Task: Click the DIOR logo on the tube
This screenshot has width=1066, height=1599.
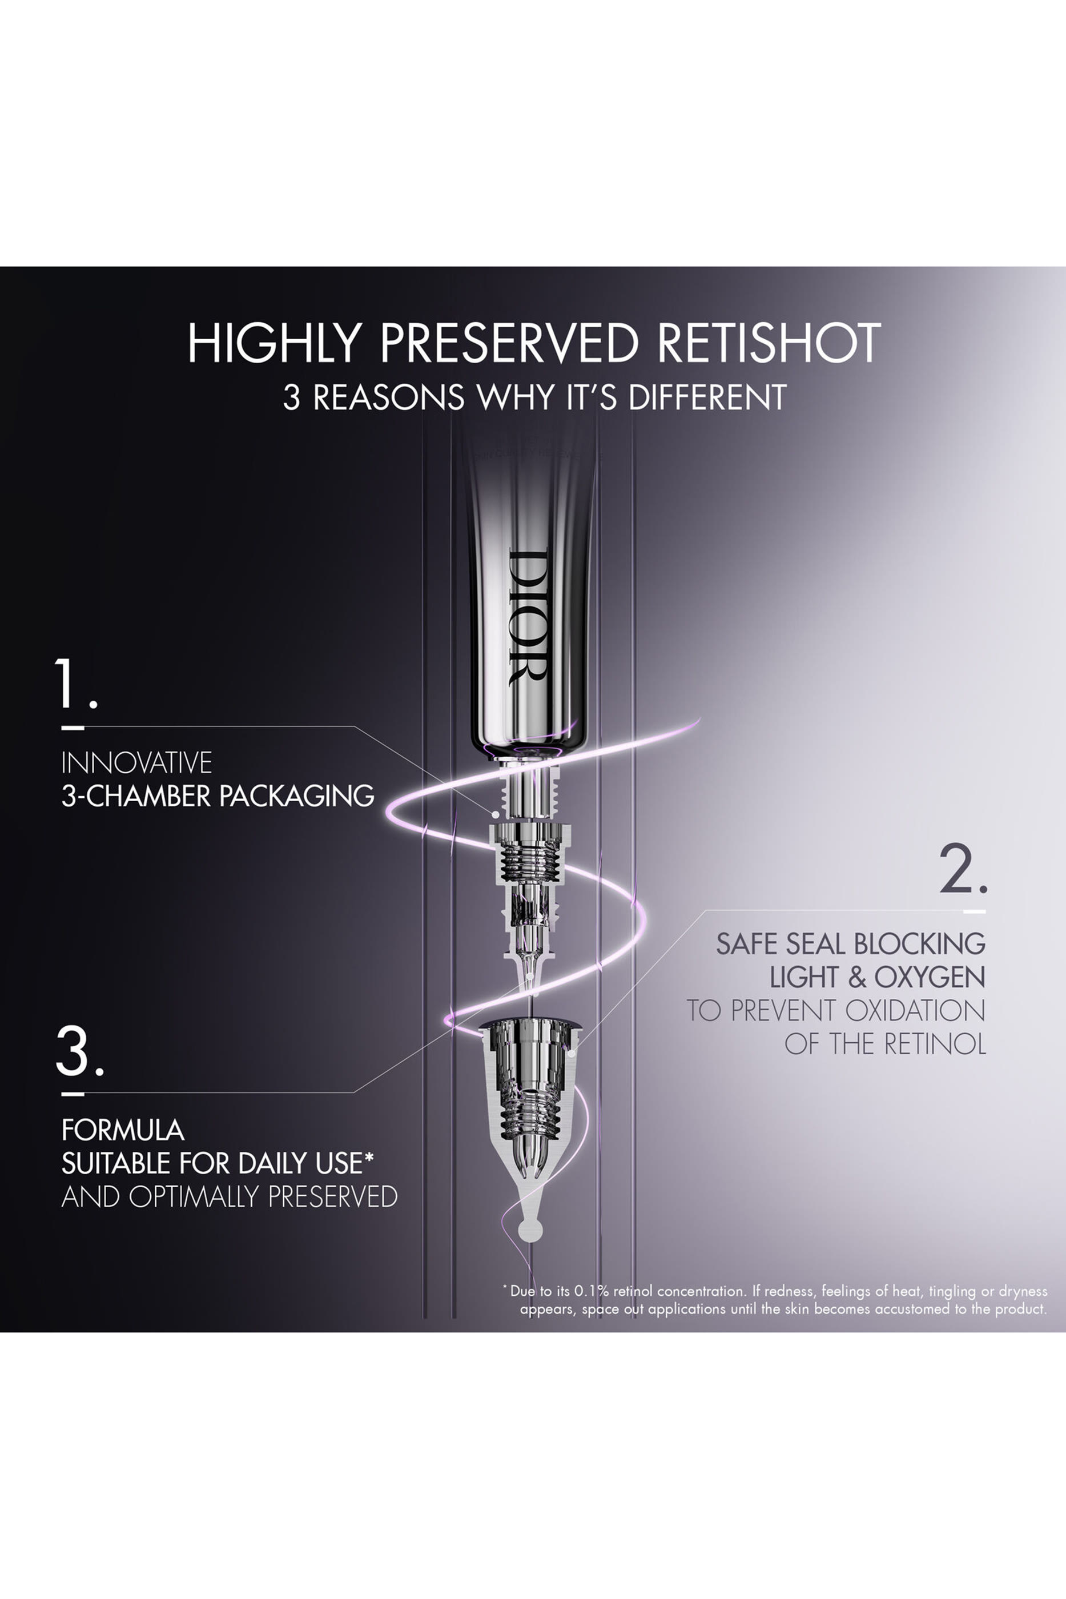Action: [x=528, y=617]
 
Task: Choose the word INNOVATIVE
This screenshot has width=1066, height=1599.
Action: [x=136, y=763]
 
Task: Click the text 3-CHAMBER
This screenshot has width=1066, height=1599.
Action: [x=136, y=796]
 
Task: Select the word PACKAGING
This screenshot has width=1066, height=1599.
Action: [x=297, y=796]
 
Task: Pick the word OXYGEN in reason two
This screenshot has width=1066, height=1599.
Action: [x=930, y=977]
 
